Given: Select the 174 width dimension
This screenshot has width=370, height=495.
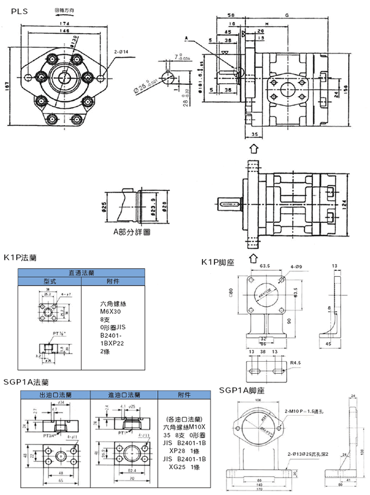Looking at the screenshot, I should pyautogui.click(x=65, y=24).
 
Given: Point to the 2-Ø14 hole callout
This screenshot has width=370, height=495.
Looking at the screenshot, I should pyautogui.click(x=121, y=52).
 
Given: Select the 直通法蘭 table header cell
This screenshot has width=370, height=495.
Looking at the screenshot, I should pyautogui.click(x=82, y=273).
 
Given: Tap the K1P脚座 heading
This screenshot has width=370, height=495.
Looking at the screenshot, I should pyautogui.click(x=218, y=263).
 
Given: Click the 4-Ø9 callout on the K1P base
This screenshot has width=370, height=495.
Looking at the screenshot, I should pyautogui.click(x=297, y=267).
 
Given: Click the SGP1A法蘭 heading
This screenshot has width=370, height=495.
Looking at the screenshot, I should pyautogui.click(x=26, y=383).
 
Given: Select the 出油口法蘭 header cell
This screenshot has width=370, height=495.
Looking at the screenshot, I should pyautogui.click(x=54, y=395).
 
